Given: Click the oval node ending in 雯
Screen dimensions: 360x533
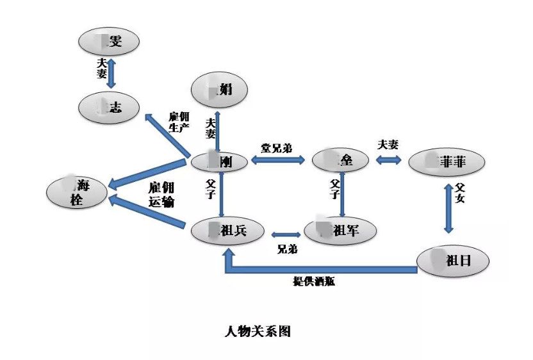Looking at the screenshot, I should (x=109, y=42).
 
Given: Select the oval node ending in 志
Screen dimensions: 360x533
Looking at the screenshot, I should (x=109, y=107).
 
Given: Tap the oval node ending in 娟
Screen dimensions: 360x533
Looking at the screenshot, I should (x=219, y=88).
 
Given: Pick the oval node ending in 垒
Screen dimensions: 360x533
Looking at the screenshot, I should (x=340, y=160).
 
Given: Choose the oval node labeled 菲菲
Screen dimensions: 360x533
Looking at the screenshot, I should (x=446, y=163).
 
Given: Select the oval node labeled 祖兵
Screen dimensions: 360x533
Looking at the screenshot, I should (x=227, y=231).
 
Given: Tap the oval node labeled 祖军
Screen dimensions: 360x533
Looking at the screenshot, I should (x=340, y=231).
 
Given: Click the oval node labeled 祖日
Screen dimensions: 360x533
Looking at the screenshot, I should (x=453, y=260).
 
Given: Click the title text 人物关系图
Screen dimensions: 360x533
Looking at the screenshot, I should (x=258, y=331).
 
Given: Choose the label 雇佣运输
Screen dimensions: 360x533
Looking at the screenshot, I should (x=161, y=194).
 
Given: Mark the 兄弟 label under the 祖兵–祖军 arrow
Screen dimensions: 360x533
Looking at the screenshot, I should (x=287, y=249).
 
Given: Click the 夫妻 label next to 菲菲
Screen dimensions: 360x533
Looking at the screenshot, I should (x=388, y=145).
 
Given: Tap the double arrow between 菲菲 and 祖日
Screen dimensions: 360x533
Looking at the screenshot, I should (x=448, y=208).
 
